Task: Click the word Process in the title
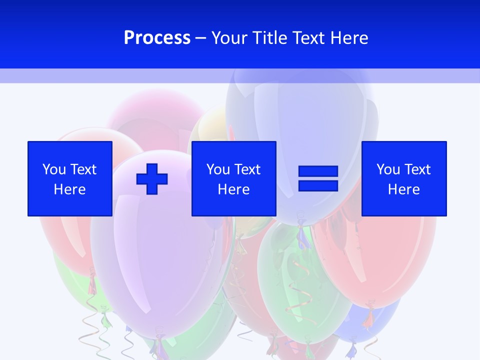tap(157, 38)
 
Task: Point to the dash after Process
tap(201, 38)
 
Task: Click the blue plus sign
tap(152, 178)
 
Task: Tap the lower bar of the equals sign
tap(318, 185)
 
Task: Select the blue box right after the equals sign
tap(404, 178)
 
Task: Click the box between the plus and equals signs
tap(233, 178)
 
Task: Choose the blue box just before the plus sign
tap(69, 178)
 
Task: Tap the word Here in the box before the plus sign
tap(69, 189)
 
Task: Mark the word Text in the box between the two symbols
tap(247, 169)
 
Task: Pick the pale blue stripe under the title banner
tap(240, 76)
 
